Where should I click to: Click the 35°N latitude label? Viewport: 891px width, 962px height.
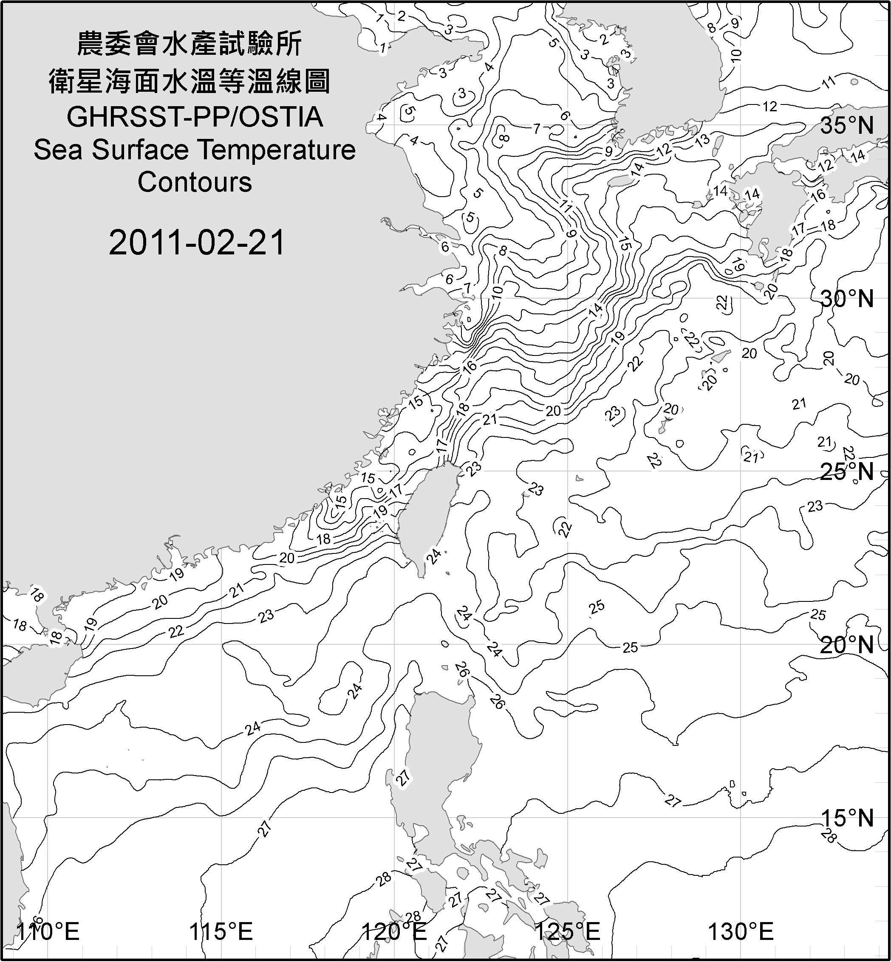(847, 125)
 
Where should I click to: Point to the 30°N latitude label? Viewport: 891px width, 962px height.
(847, 299)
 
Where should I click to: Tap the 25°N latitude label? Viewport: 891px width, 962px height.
(847, 471)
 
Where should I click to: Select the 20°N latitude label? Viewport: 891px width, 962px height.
(847, 645)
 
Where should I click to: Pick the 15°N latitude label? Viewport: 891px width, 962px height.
(847, 818)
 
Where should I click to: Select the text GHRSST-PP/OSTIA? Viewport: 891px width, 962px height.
(195, 117)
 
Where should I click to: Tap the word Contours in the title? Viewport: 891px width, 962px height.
(195, 182)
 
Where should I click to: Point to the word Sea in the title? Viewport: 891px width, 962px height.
(57, 150)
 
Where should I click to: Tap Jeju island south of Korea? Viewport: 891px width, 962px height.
(619, 181)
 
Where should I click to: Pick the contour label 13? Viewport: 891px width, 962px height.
(702, 140)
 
